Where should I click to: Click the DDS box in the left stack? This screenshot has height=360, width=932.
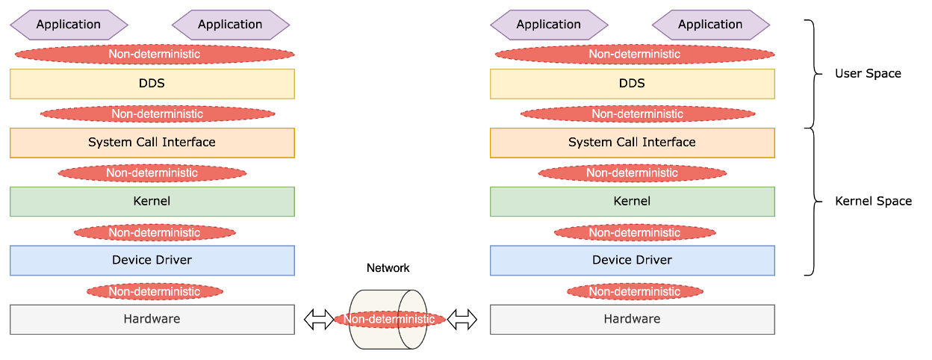coord(152,84)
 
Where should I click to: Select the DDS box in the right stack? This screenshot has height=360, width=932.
coord(632,84)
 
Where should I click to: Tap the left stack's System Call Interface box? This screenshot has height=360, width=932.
coord(152,143)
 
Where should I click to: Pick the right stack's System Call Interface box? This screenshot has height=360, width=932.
coord(632,143)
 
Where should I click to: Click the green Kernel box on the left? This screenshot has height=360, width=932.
coord(152,202)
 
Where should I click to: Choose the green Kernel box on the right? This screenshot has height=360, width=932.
coord(632,202)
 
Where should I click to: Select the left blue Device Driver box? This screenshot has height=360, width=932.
coord(152,261)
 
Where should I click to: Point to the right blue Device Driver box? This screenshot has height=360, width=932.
coord(632,261)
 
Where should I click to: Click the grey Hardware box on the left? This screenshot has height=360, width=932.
coord(152,320)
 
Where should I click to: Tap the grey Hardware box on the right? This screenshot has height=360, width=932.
coord(632,320)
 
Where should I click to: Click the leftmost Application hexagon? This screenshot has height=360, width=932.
coord(69,25)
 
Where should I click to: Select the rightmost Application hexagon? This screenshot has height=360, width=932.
coord(710,25)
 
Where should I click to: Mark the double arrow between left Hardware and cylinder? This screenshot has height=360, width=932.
coord(319,320)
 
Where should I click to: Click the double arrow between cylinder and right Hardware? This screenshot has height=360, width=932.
coord(462,320)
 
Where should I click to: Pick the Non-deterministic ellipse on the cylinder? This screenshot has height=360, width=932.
coord(389,320)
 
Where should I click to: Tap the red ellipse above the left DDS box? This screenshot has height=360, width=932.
coord(155,55)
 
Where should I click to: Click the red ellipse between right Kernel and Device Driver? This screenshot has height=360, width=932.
coord(635,233)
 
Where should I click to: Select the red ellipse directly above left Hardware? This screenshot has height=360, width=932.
coord(155,291)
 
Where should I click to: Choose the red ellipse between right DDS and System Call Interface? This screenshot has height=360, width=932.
coord(637,114)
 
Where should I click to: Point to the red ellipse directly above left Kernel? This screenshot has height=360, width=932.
coord(152,173)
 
